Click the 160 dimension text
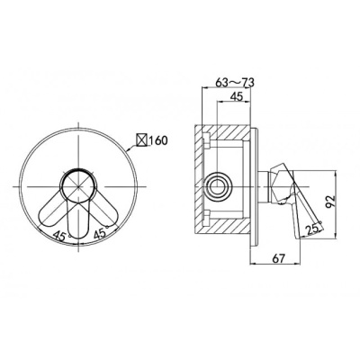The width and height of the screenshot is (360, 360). coord(157,140)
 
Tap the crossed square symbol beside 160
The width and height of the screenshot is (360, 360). coord(142,140)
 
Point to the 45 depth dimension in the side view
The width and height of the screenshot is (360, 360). coord(236,96)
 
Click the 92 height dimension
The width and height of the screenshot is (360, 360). coord(329,202)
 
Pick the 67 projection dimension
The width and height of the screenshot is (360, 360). coord(278,258)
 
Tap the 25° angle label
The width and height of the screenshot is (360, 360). coord(313,229)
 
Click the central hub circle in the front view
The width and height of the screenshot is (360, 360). coord(78,186)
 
